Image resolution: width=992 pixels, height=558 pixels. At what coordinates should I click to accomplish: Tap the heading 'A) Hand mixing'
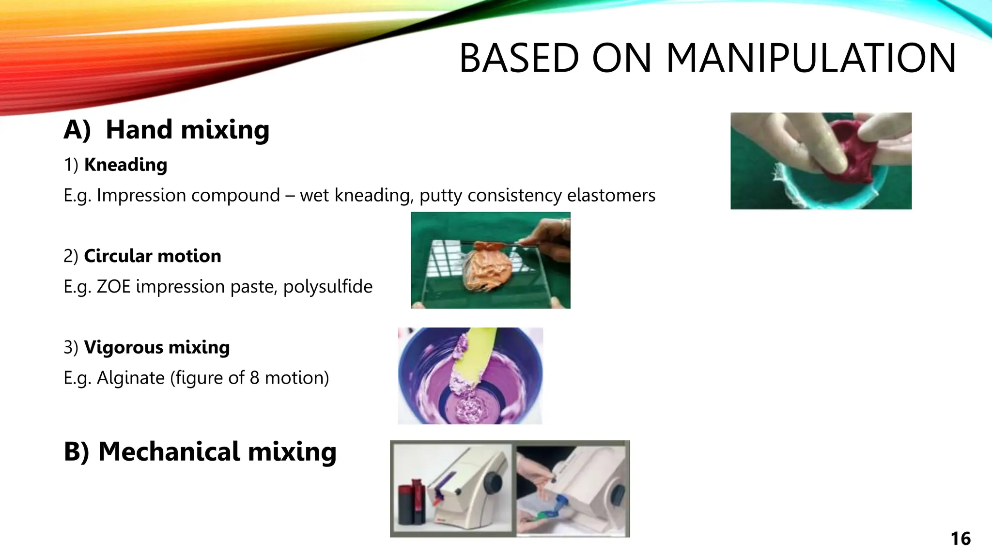[x=166, y=130]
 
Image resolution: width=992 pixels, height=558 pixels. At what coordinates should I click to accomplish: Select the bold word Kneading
[x=125, y=165]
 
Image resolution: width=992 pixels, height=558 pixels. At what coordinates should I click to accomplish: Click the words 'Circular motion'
[x=152, y=256]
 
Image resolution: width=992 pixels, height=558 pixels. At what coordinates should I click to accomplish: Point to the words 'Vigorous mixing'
[x=156, y=347]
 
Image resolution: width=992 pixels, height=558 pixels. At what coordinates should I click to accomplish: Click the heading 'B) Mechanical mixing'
[x=200, y=451]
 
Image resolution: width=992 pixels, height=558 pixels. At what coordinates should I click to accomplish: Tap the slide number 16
[x=960, y=539]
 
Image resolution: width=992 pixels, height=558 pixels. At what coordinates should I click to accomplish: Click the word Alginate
[x=131, y=378]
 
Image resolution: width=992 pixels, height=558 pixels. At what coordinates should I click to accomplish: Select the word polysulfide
[x=328, y=287]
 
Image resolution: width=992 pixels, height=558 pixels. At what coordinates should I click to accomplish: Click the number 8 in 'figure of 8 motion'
[x=254, y=378]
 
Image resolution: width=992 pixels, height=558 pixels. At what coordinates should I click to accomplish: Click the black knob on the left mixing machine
[x=494, y=481]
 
